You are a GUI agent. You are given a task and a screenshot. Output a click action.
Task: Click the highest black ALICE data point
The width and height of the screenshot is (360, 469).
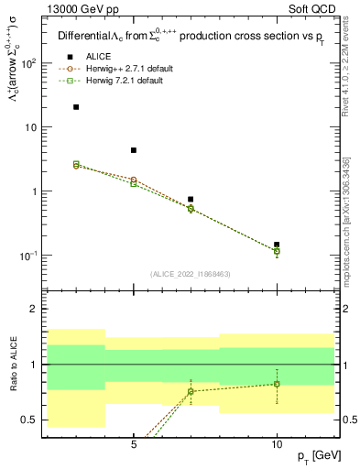(x=76, y=107)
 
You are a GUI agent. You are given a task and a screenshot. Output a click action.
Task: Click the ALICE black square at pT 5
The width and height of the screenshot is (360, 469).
(x=134, y=150)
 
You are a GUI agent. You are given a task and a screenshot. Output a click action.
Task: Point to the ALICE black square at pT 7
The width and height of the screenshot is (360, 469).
(x=191, y=199)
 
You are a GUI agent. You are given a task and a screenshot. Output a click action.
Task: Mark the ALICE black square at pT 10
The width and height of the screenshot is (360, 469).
(x=277, y=245)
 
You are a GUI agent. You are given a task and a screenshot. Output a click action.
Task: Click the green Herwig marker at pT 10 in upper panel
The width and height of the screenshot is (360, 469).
(x=277, y=251)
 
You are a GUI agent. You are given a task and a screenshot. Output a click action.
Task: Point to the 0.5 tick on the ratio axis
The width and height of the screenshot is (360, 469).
(x=29, y=420)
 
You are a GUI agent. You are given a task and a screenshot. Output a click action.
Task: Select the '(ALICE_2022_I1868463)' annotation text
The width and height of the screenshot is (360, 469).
(x=190, y=274)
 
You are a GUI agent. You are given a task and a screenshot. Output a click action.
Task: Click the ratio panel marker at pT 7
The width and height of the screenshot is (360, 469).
(x=191, y=391)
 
